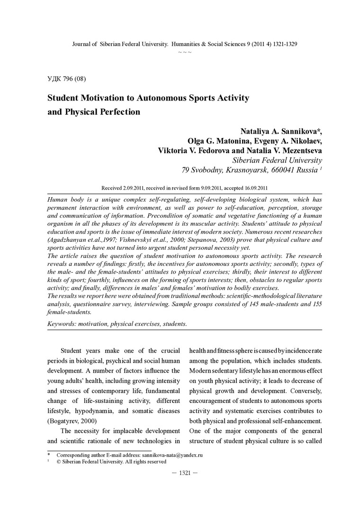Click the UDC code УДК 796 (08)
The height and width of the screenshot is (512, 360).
(x=66, y=78)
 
